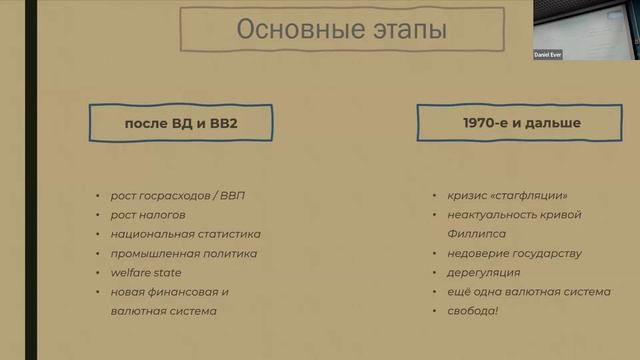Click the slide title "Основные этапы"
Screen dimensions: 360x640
(340, 30)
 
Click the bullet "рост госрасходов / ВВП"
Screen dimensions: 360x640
(177, 195)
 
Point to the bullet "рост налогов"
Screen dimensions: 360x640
(148, 215)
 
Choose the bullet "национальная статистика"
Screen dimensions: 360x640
(185, 234)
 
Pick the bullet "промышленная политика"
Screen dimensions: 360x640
(183, 253)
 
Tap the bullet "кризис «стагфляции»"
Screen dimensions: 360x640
(506, 195)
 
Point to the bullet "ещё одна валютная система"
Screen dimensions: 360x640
(528, 292)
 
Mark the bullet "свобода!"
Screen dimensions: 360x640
(474, 311)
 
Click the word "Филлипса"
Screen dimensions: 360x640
(476, 234)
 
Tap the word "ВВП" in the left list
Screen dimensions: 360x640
(230, 195)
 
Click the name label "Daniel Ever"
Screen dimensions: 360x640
(548, 55)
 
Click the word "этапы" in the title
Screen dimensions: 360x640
(405, 30)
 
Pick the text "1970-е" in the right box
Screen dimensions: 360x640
(483, 124)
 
